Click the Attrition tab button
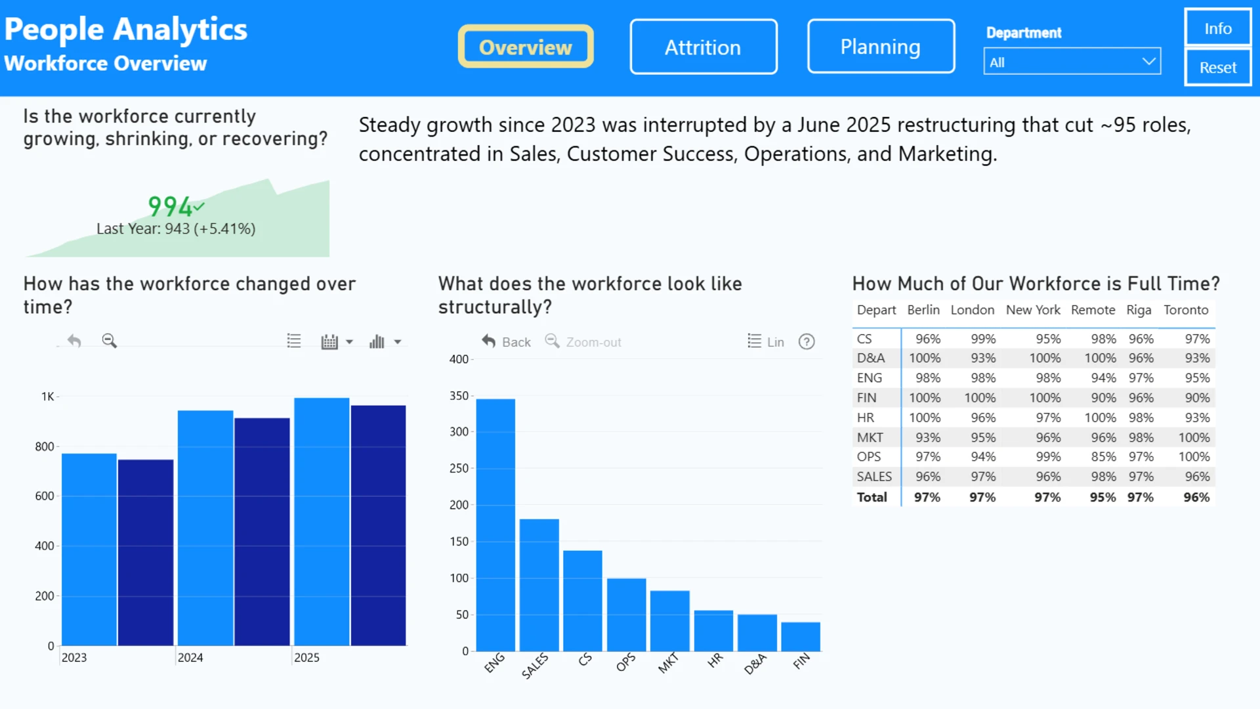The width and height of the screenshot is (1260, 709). (703, 47)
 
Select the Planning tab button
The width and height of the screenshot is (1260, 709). (881, 46)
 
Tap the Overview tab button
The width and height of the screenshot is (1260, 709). (526, 46)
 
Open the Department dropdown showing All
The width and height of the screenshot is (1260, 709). (1072, 62)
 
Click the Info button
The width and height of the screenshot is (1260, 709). (1218, 28)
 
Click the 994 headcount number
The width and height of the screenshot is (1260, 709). (170, 207)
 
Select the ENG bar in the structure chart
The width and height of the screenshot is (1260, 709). (495, 525)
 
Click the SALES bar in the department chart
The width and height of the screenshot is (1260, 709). (539, 585)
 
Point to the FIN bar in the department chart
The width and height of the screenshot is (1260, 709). (801, 636)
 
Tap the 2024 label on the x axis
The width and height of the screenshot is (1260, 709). (190, 657)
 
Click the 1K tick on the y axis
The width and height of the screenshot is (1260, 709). (48, 397)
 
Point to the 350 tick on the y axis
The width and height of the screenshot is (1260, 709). (459, 396)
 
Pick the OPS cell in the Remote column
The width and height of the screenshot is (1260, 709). (1103, 457)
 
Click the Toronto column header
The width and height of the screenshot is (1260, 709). (1186, 310)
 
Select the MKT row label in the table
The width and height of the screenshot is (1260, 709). (870, 437)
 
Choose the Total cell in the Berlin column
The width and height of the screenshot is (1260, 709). (927, 498)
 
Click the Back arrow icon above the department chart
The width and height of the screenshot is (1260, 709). (489, 341)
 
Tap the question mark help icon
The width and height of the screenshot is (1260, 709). (807, 341)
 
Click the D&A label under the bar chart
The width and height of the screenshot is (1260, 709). (755, 664)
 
